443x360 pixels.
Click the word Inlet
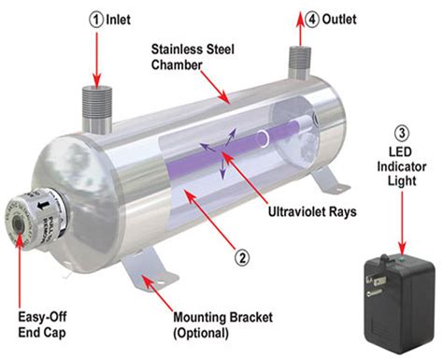[119, 18]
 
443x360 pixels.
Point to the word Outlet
[342, 18]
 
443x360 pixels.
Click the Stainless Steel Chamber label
[193, 57]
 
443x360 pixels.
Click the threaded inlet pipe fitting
[95, 101]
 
